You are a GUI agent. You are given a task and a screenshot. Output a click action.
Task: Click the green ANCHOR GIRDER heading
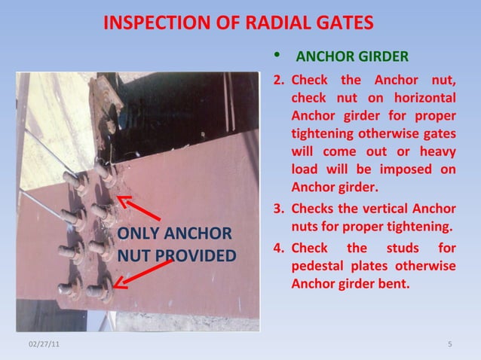click(352, 57)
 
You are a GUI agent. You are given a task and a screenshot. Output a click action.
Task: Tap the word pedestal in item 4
click(320, 267)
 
